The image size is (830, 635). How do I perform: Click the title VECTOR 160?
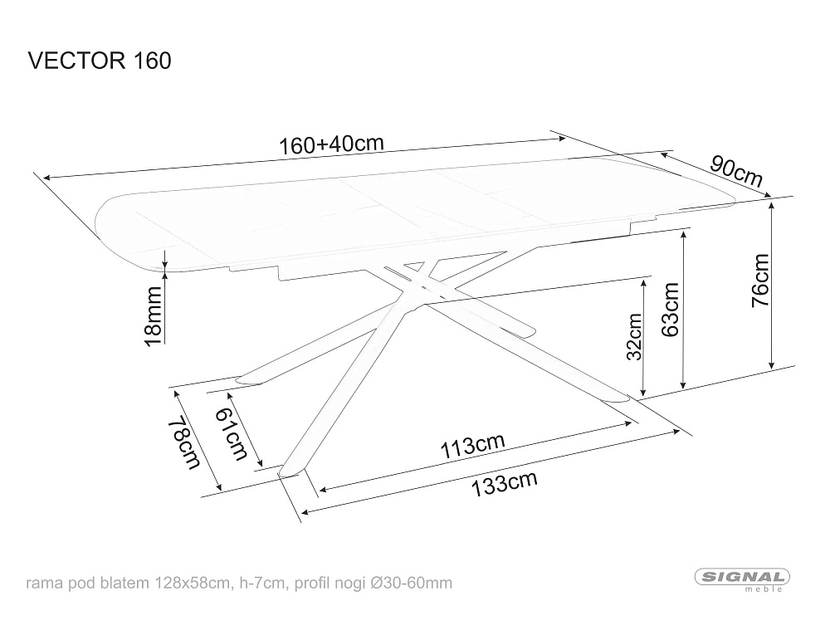(x=100, y=61)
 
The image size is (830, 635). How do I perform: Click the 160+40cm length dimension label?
(x=331, y=144)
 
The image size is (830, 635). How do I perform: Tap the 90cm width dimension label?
(x=736, y=171)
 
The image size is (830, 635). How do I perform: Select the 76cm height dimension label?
(x=760, y=281)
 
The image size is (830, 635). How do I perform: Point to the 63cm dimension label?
(x=670, y=310)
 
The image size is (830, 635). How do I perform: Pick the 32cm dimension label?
(x=634, y=336)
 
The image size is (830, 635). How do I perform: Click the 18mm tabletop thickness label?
(x=153, y=316)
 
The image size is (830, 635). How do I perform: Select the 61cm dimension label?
(x=232, y=435)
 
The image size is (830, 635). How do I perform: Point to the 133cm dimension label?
(x=504, y=483)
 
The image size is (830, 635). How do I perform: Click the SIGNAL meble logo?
(x=742, y=579)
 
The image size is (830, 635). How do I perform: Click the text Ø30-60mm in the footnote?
(x=412, y=584)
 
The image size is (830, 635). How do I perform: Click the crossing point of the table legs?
(x=418, y=282)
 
